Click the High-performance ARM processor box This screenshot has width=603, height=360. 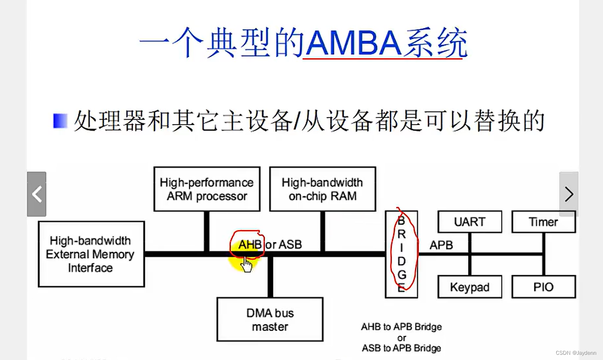tap(207, 189)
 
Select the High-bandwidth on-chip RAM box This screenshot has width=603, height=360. tap(322, 189)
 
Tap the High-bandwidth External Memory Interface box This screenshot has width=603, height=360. tap(91, 254)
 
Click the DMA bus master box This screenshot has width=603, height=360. tap(270, 319)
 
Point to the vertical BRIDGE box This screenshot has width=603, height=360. tap(401, 254)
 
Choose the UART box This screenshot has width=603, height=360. tap(469, 222)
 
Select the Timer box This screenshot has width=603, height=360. tap(543, 222)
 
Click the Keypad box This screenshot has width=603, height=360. tap(469, 287)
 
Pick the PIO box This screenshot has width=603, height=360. tap(543, 287)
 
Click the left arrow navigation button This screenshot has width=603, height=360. tap(37, 194)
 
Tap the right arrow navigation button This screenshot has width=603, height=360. tap(569, 194)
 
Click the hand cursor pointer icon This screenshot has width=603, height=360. tap(246, 264)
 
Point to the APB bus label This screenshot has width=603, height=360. tap(441, 245)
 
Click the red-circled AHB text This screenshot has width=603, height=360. tap(250, 245)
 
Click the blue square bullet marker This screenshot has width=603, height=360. tap(60, 121)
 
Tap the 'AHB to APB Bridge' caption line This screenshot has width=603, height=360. tap(401, 327)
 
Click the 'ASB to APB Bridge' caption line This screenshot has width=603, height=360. tap(401, 348)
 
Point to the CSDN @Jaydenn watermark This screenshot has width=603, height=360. tap(576, 353)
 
